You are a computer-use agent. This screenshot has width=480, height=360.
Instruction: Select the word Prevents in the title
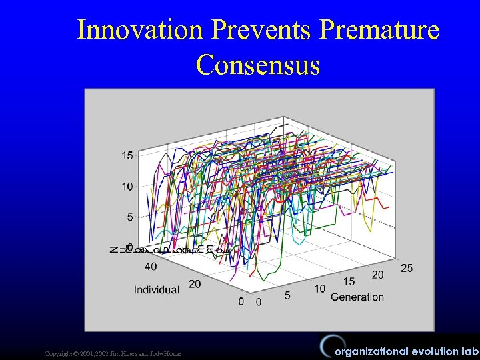click(258, 31)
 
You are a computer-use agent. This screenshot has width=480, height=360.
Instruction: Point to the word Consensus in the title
click(258, 65)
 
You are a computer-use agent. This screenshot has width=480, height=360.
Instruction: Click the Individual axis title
click(157, 289)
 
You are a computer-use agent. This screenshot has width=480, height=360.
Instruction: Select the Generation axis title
click(357, 297)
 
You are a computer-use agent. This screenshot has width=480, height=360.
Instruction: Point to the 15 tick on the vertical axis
click(127, 155)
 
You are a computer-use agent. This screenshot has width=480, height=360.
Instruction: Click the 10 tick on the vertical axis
click(127, 187)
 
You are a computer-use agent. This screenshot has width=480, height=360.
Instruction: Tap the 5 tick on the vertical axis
click(129, 217)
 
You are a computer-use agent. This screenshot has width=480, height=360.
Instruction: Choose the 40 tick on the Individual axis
click(151, 267)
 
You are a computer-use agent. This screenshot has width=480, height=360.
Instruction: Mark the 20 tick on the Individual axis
click(195, 284)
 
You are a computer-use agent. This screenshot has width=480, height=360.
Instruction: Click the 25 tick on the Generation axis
click(407, 268)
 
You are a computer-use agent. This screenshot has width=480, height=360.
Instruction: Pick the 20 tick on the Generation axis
click(377, 275)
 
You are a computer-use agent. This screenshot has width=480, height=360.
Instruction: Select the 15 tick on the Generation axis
click(349, 282)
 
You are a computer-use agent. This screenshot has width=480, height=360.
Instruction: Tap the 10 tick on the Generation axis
click(319, 289)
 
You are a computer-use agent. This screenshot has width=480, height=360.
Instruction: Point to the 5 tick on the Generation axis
click(287, 295)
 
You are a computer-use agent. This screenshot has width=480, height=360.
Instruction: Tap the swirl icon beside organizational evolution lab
click(325, 347)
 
